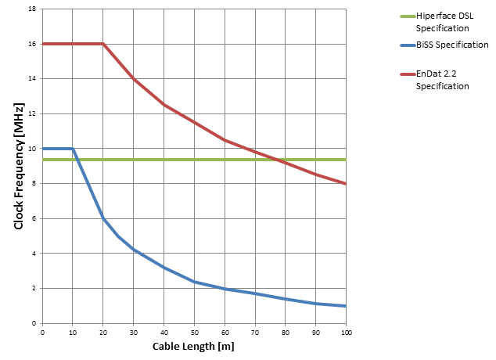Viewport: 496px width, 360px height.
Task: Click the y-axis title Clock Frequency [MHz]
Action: (x=19, y=166)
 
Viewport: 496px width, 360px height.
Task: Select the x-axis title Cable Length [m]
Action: (x=193, y=346)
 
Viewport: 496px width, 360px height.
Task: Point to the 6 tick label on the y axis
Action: (x=34, y=219)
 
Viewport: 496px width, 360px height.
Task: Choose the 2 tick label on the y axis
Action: (x=34, y=289)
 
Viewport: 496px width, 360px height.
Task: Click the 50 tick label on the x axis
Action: (x=194, y=332)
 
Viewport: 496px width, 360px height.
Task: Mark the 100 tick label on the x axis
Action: (x=346, y=332)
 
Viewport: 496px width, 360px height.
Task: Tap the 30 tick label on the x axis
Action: (x=133, y=332)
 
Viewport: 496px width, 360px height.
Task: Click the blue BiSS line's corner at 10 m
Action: (x=73, y=149)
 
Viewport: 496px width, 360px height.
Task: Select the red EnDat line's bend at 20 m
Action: (x=102, y=44)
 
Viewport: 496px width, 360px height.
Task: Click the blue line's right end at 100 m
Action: (x=346, y=306)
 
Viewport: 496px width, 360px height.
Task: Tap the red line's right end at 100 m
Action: (x=346, y=184)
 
